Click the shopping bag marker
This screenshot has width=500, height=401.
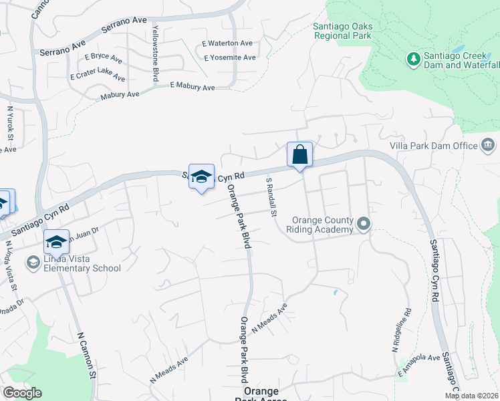[x=300, y=155]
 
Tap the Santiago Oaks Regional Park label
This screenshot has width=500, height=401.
[x=343, y=31]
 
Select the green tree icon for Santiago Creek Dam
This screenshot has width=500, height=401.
[x=413, y=59]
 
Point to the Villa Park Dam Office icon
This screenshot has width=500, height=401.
[x=487, y=145]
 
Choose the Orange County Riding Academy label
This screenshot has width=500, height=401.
[x=320, y=225]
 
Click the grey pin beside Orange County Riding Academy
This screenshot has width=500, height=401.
[x=364, y=224]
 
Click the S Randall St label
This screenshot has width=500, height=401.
[x=271, y=198]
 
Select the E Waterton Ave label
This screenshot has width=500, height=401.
[x=228, y=43]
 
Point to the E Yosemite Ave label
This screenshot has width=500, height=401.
[x=229, y=57]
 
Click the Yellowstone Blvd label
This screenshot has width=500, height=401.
[x=155, y=54]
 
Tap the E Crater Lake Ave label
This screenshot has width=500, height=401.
[x=98, y=74]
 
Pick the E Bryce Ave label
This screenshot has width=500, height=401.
[x=104, y=57]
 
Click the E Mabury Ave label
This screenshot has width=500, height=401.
[x=193, y=87]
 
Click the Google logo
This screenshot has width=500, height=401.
[x=22, y=393]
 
